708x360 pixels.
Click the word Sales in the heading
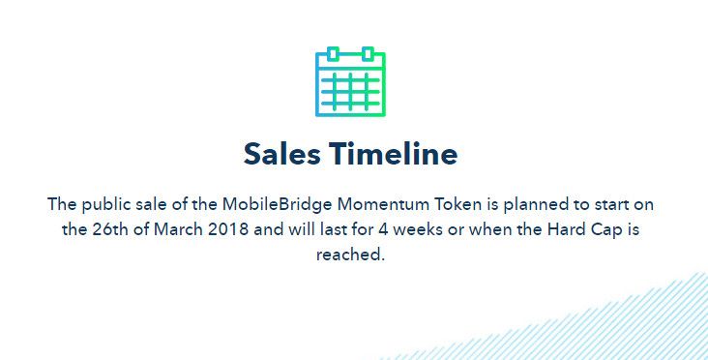pos(282,154)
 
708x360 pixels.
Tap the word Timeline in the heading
pos(394,154)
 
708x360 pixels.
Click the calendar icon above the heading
pos(350,81)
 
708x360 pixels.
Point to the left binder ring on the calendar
pos(334,54)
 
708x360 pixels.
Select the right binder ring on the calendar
pos(368,54)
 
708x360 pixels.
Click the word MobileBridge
pos(278,204)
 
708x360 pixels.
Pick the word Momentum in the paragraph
pos(384,204)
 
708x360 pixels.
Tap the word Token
pos(458,204)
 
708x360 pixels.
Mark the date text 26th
pos(110,229)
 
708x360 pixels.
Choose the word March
pos(178,229)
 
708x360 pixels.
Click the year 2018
pos(228,229)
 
